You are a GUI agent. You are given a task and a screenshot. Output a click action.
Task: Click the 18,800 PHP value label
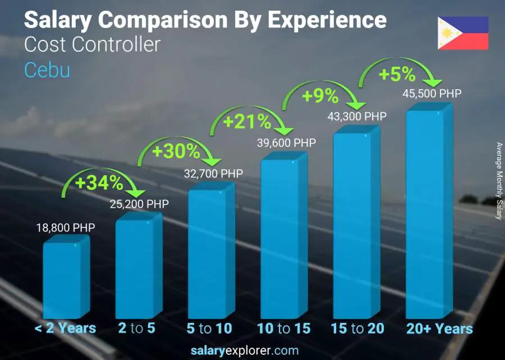(x=65, y=228)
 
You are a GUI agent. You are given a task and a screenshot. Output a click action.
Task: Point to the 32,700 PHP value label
(x=213, y=174)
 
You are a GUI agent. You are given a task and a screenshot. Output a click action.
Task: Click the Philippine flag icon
(x=463, y=33)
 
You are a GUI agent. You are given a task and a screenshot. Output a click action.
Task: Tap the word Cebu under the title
(x=47, y=70)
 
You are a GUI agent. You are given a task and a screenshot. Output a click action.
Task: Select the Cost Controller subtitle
(x=93, y=44)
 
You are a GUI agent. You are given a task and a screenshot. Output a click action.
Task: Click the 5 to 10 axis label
(x=210, y=329)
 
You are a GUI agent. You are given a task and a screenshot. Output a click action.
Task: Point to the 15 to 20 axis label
(x=356, y=329)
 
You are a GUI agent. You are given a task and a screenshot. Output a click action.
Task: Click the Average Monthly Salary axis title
(x=499, y=181)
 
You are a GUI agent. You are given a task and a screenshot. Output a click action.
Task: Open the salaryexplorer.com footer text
(x=252, y=351)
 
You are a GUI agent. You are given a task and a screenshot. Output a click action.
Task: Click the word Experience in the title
(x=327, y=20)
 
